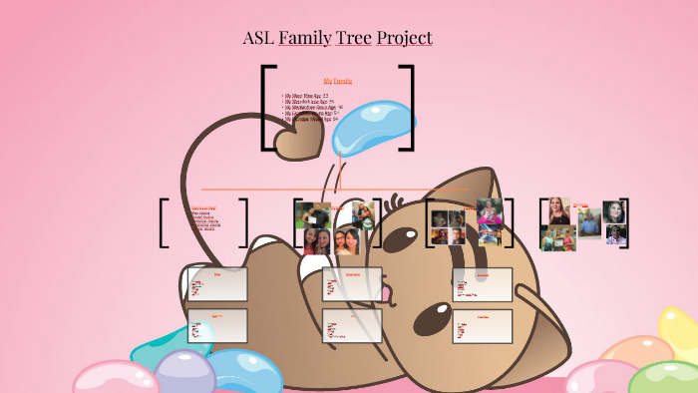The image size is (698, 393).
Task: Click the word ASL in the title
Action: (258, 38)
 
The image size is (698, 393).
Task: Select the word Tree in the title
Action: (355, 38)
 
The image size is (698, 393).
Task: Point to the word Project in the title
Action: (405, 38)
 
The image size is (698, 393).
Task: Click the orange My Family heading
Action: (337, 80)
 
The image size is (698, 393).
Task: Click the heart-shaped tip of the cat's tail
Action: (298, 143)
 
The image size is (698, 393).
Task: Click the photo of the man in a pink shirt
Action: (615, 235)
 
